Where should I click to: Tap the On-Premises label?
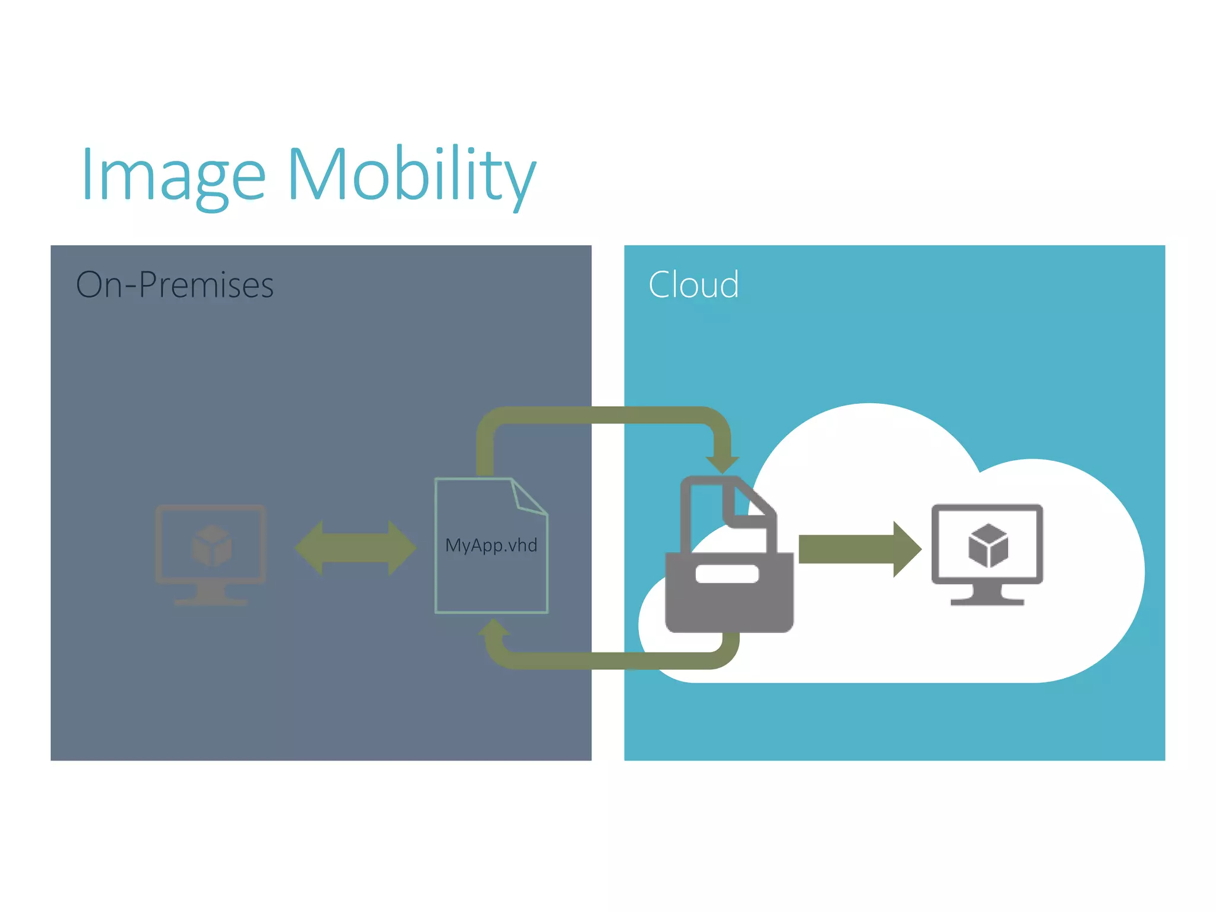175,284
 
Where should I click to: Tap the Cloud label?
693,284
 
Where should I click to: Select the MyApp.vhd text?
491,545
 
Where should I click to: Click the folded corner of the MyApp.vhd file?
527,498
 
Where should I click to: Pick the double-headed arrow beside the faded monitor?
355,547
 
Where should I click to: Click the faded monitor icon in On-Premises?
211,552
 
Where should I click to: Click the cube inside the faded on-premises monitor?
211,546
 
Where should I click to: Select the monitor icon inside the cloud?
987,552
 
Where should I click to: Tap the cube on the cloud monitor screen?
988,546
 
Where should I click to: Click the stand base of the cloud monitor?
987,601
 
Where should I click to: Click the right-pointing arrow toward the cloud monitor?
859,549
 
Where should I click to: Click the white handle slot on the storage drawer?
727,574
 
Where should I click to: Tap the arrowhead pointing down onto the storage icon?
722,463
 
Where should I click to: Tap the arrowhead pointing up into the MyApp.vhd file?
493,628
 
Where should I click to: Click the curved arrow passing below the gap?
612,660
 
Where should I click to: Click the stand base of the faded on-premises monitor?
211,601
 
